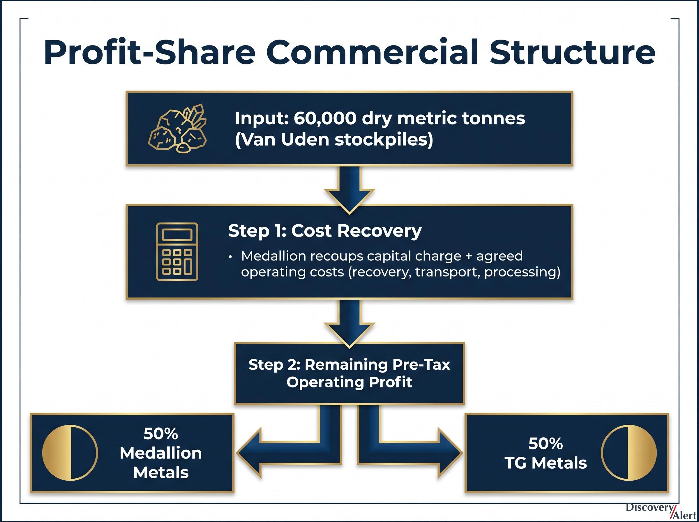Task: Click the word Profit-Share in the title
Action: coord(149,52)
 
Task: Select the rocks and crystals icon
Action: coord(177,128)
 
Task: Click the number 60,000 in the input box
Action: coord(325,119)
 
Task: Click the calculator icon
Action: coord(177,252)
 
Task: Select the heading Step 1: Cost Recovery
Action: coord(325,231)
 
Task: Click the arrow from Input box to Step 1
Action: coord(350,190)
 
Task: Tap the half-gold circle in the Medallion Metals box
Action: coord(70,453)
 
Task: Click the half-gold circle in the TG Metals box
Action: coord(629,453)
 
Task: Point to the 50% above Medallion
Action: coord(161,433)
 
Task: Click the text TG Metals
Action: coord(546,463)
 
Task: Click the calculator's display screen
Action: coord(177,235)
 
